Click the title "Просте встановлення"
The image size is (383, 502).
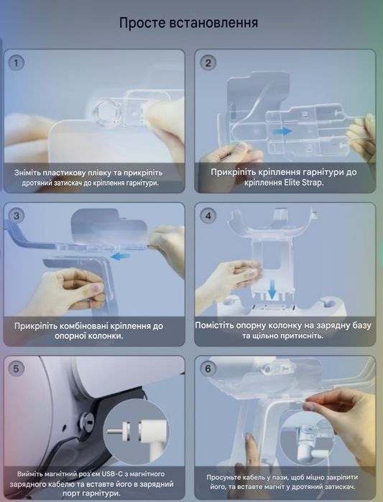(x=188, y=23)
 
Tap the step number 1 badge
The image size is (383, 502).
(x=16, y=63)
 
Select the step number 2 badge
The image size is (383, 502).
(x=208, y=63)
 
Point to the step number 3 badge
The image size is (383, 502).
(x=16, y=215)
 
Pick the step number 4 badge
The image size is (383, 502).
(x=208, y=215)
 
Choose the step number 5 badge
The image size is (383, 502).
(x=16, y=369)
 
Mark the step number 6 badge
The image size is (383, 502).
(x=208, y=369)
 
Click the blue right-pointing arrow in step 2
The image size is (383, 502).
(x=282, y=131)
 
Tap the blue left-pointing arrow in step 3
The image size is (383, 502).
(x=120, y=256)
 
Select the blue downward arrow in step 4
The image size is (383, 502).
(x=272, y=289)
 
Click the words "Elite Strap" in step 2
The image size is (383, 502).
(x=303, y=182)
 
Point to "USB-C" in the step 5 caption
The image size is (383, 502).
(x=111, y=474)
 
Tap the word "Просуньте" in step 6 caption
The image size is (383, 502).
(x=224, y=478)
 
